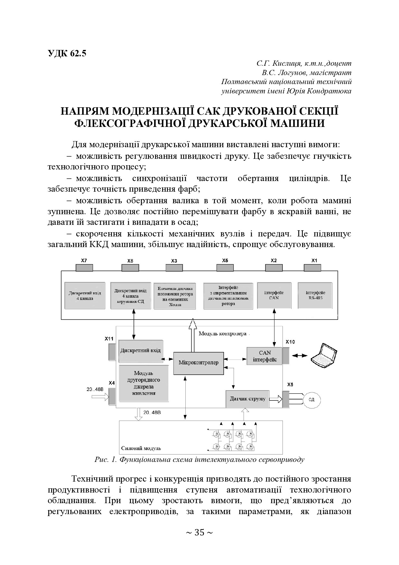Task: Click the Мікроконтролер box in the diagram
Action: click(x=198, y=363)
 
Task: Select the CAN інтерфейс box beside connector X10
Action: click(x=264, y=356)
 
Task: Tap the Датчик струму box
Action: click(x=247, y=399)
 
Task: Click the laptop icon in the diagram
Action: click(x=322, y=354)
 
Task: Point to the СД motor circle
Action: click(x=311, y=400)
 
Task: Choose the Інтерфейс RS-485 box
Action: click(x=315, y=295)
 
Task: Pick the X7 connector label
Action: click(x=84, y=261)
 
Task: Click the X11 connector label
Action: click(x=109, y=339)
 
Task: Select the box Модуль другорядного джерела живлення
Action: click(x=144, y=383)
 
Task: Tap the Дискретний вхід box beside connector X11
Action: click(x=140, y=350)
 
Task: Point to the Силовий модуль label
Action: click(x=141, y=448)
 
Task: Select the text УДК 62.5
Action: click(x=67, y=53)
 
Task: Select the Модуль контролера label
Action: click(x=222, y=333)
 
